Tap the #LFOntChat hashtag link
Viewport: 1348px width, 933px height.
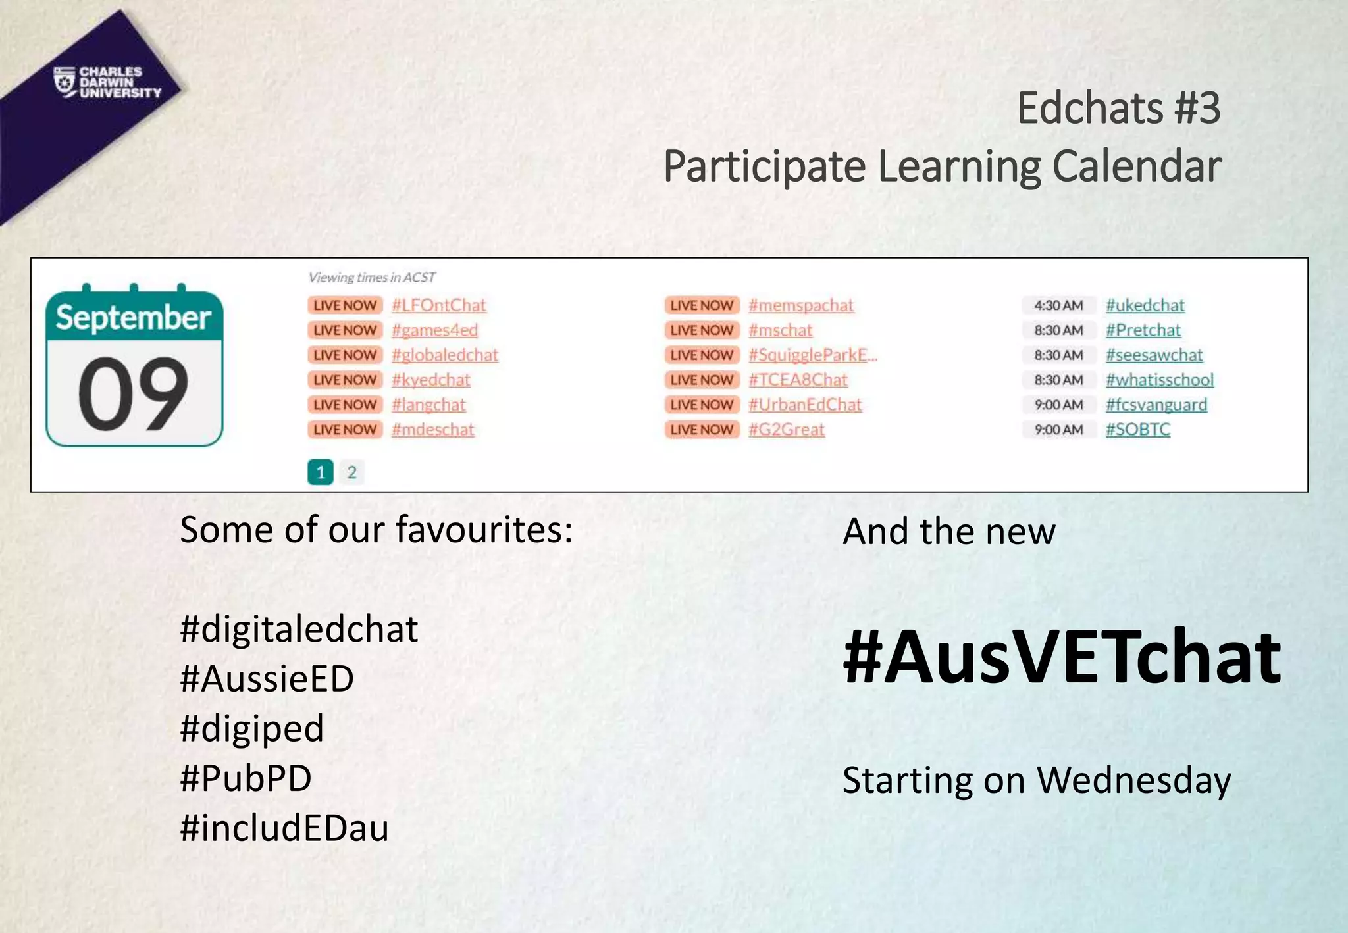click(x=438, y=305)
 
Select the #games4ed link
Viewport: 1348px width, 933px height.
click(x=434, y=330)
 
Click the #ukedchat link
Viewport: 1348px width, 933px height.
click(x=1145, y=305)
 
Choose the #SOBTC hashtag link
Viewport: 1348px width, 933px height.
click(x=1137, y=430)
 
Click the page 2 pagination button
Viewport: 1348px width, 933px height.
click(x=351, y=472)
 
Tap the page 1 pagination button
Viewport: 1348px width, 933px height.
click(x=321, y=472)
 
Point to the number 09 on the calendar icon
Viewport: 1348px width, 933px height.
click(x=134, y=393)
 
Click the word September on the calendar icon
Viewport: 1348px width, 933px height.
click(x=134, y=318)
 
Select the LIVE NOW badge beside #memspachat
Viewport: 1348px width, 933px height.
click(x=702, y=305)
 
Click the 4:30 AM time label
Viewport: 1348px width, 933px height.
click(x=1058, y=305)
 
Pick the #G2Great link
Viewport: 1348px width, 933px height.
click(x=786, y=430)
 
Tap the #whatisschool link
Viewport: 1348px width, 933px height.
click(x=1159, y=380)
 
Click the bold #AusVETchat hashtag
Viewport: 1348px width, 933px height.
click(x=1061, y=657)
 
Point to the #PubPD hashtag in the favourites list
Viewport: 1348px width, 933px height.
click(x=246, y=778)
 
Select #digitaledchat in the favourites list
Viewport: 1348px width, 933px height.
click(x=299, y=629)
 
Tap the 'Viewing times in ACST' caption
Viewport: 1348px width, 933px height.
click(x=372, y=278)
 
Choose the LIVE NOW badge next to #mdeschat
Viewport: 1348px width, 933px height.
click(x=345, y=430)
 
